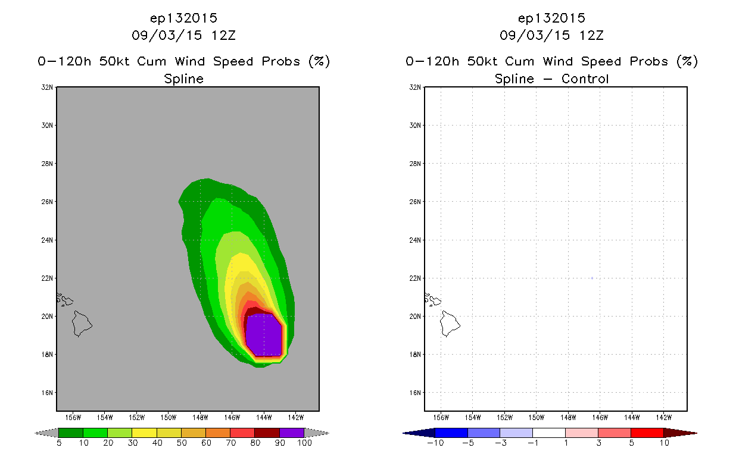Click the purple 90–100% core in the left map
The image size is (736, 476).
(x=264, y=335)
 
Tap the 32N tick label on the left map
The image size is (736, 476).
(x=47, y=87)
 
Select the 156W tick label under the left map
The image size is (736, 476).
(x=73, y=418)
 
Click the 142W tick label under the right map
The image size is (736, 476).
(x=664, y=418)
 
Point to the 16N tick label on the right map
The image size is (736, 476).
(x=415, y=393)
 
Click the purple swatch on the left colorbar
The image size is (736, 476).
(x=292, y=433)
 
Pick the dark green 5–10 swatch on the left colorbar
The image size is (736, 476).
(x=71, y=433)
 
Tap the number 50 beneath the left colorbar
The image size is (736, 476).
(x=182, y=443)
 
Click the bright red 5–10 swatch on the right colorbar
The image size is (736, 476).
(x=647, y=433)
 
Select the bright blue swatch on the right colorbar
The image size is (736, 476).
(x=451, y=433)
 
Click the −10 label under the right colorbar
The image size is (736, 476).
(x=435, y=443)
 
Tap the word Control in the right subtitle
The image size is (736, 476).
(x=585, y=79)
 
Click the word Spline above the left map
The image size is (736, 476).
(x=183, y=79)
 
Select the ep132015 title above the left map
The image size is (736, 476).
(x=183, y=18)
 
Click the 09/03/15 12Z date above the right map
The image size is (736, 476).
(x=551, y=35)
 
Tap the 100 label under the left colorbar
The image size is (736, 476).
(x=305, y=443)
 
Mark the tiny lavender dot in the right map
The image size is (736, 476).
(x=592, y=278)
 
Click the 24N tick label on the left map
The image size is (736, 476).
(x=47, y=240)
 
